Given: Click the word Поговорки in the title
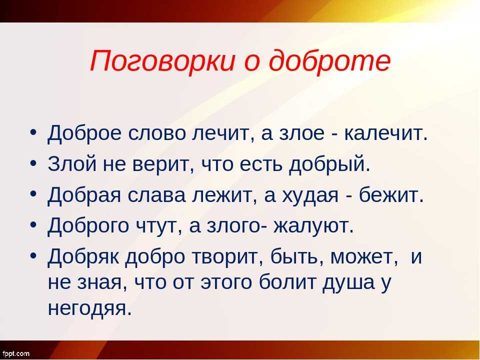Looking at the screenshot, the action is click(x=162, y=60).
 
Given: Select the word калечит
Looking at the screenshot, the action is click(x=385, y=134).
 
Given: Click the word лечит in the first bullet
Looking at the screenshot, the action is click(x=224, y=134).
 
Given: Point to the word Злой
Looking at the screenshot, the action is click(x=71, y=164).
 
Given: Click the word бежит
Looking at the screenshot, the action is click(x=391, y=194).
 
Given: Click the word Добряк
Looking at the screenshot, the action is click(x=83, y=257).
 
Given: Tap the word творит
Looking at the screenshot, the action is click(x=227, y=257).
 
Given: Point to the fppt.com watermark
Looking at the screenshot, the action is click(x=15, y=354).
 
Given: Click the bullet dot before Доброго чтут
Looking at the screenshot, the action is click(x=33, y=224).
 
